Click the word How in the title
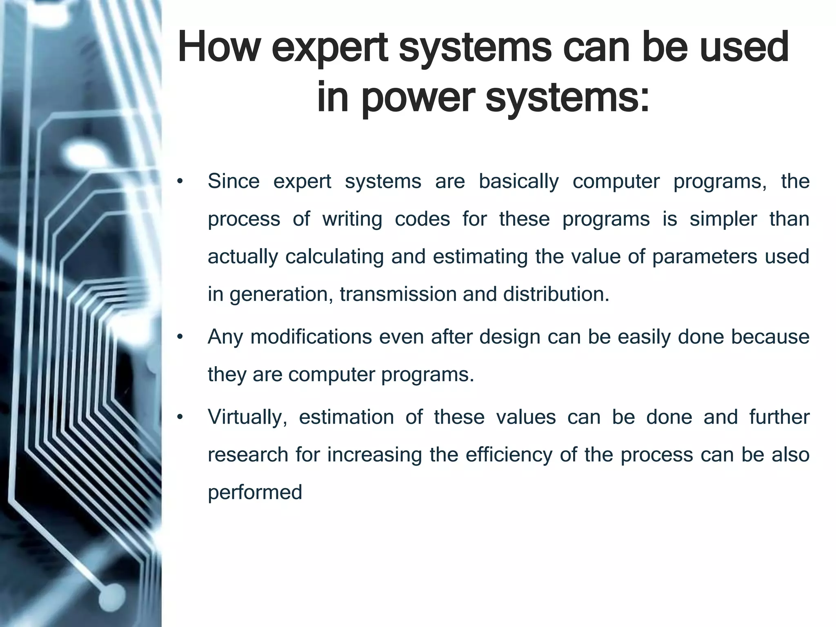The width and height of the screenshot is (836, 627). [x=219, y=48]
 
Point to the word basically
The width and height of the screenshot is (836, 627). [x=518, y=182]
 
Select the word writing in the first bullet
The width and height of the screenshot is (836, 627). [x=352, y=219]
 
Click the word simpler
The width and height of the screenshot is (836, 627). [x=723, y=219]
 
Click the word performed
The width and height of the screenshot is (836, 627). [x=255, y=492]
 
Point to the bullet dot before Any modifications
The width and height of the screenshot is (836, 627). [x=180, y=338]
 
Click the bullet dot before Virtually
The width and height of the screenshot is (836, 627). [x=180, y=418]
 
